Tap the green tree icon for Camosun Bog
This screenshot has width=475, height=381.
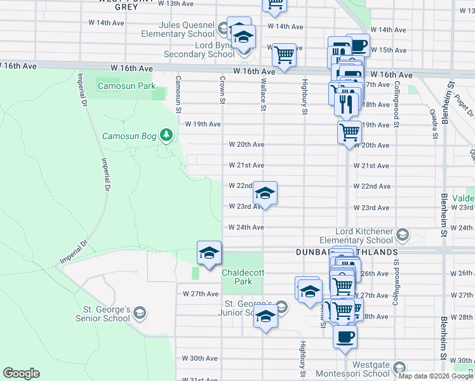[166, 135]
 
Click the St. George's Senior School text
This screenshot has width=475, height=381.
[103, 314]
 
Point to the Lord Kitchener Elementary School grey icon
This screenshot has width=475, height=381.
[402, 236]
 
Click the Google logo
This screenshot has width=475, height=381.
[21, 373]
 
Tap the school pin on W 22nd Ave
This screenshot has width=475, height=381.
[265, 193]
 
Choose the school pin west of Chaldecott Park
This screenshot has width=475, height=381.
[209, 253]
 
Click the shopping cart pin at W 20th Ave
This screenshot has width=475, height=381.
[349, 133]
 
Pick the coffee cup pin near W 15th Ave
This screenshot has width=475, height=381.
[358, 46]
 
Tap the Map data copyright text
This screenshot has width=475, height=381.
[436, 376]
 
